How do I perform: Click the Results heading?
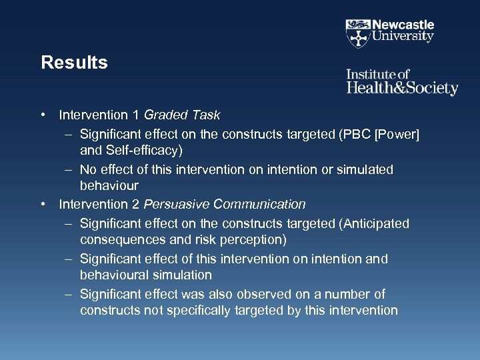tap(74, 63)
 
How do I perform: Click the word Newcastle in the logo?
tap(403, 25)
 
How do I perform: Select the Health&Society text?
tap(402, 88)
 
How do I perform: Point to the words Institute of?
tap(377, 74)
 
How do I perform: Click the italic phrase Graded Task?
tap(182, 115)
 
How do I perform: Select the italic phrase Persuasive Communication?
tap(225, 204)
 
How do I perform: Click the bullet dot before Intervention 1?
tap(43, 115)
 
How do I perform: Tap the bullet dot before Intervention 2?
tap(43, 204)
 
